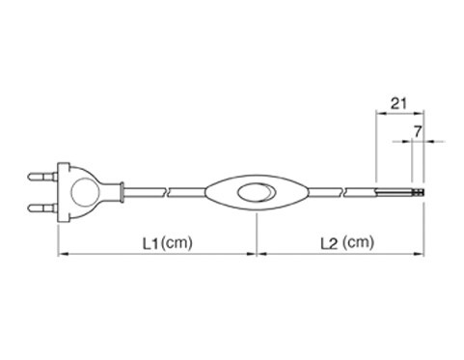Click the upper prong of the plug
click(x=42, y=177)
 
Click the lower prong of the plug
click(x=42, y=208)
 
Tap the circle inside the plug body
click(x=84, y=192)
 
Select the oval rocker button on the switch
click(x=257, y=192)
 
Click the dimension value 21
click(x=398, y=103)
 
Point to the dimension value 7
click(x=418, y=131)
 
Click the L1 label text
click(x=151, y=243)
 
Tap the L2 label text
click(x=329, y=243)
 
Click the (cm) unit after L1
click(x=177, y=243)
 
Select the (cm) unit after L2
click(x=358, y=243)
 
